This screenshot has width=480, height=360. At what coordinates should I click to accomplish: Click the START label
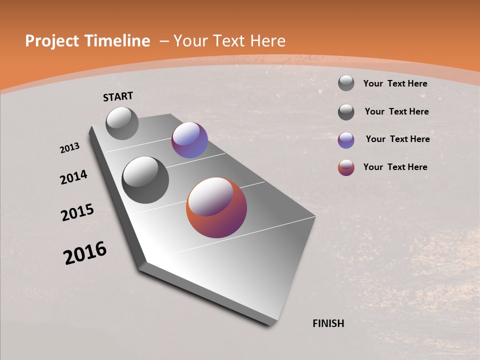(x=118, y=96)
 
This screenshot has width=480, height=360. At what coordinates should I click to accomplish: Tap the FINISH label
(x=328, y=323)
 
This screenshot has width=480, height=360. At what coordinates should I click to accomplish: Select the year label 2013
(x=70, y=147)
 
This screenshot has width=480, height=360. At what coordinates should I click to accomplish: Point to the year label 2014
(x=73, y=177)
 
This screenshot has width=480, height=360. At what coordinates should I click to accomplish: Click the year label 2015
(x=77, y=212)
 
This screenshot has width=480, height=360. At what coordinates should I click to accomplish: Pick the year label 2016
(x=85, y=253)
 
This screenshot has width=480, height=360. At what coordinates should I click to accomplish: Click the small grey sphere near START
(x=122, y=123)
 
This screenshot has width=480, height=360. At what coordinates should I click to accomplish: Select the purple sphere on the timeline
(x=189, y=140)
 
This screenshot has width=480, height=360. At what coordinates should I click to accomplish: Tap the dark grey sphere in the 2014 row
(x=145, y=179)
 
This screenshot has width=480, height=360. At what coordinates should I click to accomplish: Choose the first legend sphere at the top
(x=346, y=83)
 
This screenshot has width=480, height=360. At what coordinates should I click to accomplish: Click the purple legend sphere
(x=346, y=140)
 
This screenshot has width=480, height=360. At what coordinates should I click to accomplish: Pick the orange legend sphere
(x=346, y=167)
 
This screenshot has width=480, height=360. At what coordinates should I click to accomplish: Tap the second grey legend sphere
(x=346, y=112)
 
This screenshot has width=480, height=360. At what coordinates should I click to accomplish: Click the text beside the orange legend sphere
(x=395, y=167)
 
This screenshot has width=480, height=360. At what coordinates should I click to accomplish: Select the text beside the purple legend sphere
(x=397, y=139)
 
